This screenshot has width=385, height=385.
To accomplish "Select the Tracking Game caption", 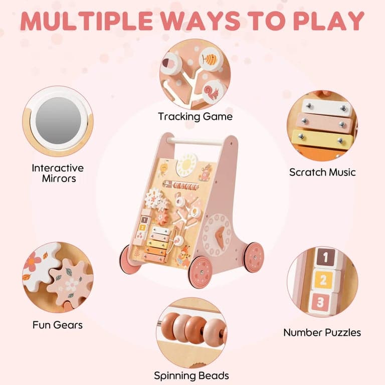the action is pos(195,117).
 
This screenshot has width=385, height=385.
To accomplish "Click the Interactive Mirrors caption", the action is pos(58,173).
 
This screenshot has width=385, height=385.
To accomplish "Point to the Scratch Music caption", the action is pos(322,172).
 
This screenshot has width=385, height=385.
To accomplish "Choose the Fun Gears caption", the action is pos(58,325).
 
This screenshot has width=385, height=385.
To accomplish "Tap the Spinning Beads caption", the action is pos(191,375).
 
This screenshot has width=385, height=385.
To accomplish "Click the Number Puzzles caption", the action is pos(322,333).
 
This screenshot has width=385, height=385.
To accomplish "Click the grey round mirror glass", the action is pos(58,120).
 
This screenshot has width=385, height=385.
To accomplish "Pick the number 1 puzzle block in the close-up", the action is pos(325,258).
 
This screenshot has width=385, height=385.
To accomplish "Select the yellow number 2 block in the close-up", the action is pos(323,280).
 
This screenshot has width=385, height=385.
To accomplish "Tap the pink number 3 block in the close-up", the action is pos(320,302).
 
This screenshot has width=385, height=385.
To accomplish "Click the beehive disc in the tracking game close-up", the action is pos(210,59).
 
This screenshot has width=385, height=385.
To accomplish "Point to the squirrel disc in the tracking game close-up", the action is pos(213,92).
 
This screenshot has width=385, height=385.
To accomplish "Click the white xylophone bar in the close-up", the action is pos(326,108).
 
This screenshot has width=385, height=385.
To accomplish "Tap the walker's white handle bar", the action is pos(196,141).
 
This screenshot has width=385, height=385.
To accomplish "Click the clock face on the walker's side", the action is pos(217,235).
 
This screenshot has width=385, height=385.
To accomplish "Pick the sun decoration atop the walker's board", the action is pos(187,164).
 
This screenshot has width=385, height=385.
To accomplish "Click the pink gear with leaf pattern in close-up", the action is pos(71,282).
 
